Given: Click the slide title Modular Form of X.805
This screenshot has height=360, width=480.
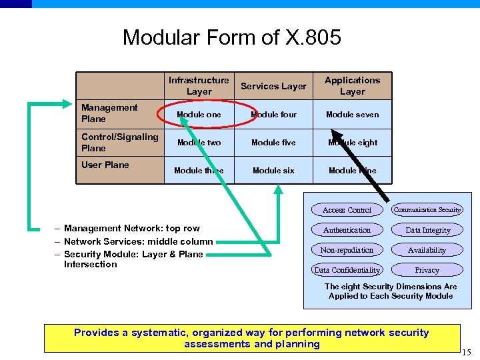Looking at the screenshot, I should click(x=231, y=37).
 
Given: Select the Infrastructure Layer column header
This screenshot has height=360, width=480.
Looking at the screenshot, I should click(x=199, y=86).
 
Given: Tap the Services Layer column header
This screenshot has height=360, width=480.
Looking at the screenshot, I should click(x=273, y=86).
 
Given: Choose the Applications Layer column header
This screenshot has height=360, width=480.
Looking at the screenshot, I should click(x=352, y=86).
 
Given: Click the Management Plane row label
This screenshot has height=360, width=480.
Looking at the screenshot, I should click(x=109, y=113).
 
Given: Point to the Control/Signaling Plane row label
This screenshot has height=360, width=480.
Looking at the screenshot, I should click(x=119, y=142).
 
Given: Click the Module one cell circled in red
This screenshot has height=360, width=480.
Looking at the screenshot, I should click(x=199, y=115).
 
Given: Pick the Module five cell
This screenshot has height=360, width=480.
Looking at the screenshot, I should click(x=273, y=143).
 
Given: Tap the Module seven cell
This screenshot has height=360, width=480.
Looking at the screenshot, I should click(x=352, y=115).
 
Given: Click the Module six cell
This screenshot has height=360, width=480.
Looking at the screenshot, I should click(x=273, y=171).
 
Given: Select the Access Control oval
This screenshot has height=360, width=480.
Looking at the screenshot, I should click(x=347, y=210).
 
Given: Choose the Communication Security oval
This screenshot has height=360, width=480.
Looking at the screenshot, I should click(x=427, y=210).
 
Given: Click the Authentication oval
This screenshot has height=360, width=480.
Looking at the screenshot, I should click(x=347, y=230).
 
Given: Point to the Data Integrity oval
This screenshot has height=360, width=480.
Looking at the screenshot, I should click(x=428, y=230).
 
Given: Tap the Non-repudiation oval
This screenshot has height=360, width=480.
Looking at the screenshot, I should click(x=347, y=250).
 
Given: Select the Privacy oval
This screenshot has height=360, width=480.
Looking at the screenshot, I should click(x=427, y=270).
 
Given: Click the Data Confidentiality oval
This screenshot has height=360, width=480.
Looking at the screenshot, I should click(x=347, y=270).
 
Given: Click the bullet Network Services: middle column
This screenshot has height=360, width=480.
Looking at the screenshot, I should click(x=138, y=241).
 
